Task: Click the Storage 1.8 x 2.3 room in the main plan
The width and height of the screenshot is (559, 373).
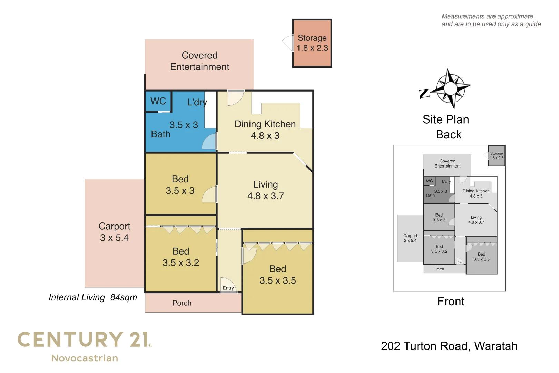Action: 312,43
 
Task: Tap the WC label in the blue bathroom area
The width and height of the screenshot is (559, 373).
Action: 158,101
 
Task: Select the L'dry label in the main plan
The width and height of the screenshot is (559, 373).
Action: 197,102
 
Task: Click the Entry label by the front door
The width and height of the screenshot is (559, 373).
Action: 228,288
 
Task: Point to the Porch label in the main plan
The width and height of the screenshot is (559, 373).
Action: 182,303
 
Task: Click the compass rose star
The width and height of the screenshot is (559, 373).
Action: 450,88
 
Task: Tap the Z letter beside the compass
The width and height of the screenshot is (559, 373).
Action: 424,94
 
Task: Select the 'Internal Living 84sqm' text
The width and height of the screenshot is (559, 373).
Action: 93,297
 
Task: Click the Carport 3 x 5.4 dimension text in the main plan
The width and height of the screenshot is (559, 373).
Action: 114,238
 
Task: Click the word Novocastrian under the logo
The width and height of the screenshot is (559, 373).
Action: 85,358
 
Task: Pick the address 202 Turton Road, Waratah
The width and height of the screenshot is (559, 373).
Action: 449,346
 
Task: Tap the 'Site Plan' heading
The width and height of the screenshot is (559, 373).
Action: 446,119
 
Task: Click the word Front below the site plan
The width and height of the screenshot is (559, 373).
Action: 451,302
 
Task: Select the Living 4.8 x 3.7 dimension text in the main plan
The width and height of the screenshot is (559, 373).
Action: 265,196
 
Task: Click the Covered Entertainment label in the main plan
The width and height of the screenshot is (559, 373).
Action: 199,61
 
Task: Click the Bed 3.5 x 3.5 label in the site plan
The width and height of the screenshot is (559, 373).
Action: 481,257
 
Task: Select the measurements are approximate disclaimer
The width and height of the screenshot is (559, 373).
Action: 491,20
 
